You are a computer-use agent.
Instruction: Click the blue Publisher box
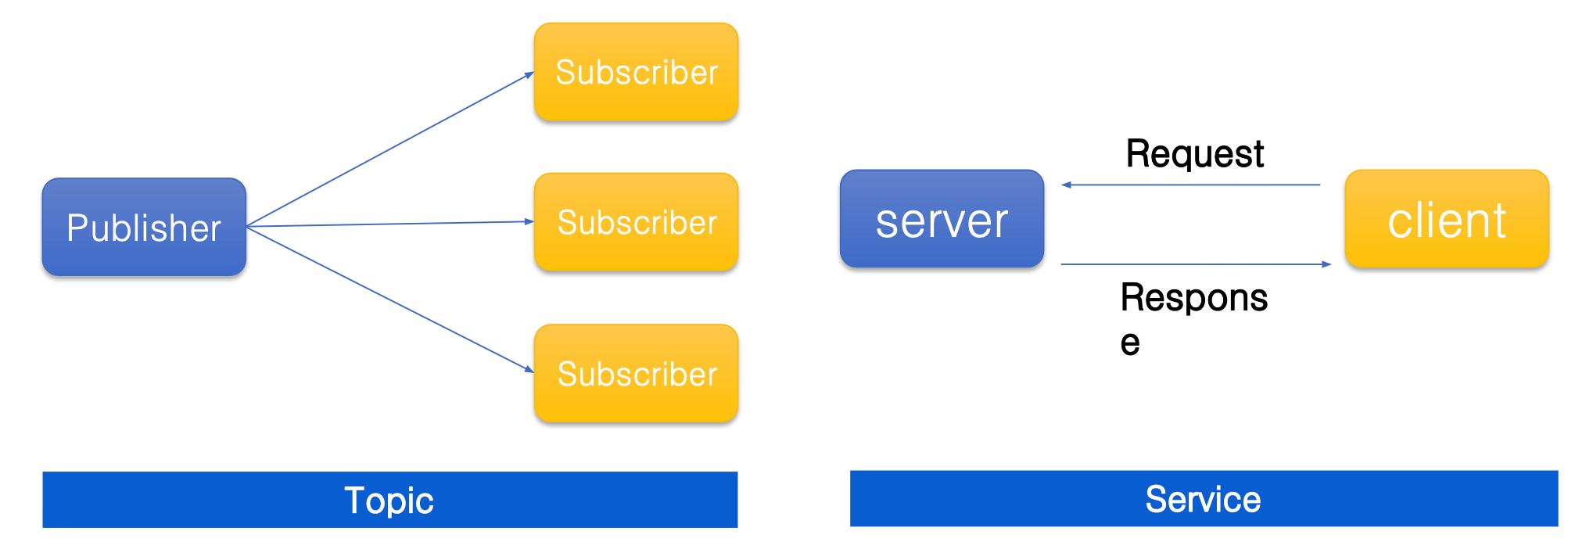pyautogui.click(x=144, y=227)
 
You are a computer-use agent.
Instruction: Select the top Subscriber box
pyautogui.click(x=636, y=72)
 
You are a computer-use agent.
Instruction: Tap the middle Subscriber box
pyautogui.click(x=636, y=222)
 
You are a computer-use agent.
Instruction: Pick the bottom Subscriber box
pyautogui.click(x=636, y=374)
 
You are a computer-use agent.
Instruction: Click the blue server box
pyautogui.click(x=942, y=219)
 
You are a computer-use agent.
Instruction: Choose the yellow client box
pyautogui.click(x=1447, y=219)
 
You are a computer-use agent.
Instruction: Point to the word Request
pyautogui.click(x=1194, y=153)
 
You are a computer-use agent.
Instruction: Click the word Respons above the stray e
pyautogui.click(x=1193, y=298)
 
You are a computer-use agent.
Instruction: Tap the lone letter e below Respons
pyautogui.click(x=1130, y=343)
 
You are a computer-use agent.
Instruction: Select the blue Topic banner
pyautogui.click(x=389, y=500)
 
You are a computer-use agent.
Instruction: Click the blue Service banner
pyautogui.click(x=1204, y=499)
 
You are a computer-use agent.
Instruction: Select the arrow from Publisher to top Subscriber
pyautogui.click(x=389, y=149)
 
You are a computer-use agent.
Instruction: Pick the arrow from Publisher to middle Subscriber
pyautogui.click(x=389, y=224)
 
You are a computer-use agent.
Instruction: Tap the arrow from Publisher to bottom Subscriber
pyautogui.click(x=389, y=299)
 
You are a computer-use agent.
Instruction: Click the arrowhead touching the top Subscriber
pyautogui.click(x=529, y=75)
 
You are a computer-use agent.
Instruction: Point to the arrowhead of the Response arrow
pyautogui.click(x=1326, y=264)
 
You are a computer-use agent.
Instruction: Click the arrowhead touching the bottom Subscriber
pyautogui.click(x=529, y=369)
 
